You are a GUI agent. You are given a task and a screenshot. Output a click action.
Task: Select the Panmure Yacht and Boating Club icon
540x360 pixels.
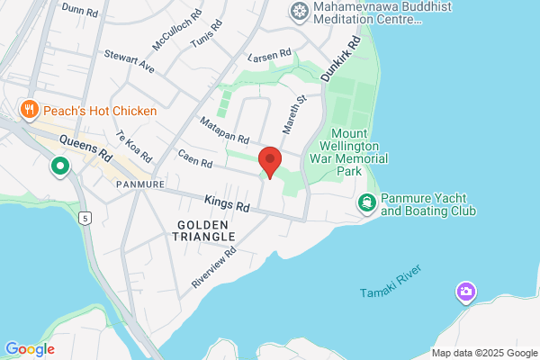(367, 203)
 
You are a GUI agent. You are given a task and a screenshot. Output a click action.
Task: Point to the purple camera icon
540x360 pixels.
(465, 292)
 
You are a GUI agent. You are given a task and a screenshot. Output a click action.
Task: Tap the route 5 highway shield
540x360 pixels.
(85, 218)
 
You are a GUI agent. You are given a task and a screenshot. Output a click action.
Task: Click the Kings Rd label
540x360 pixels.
(224, 204)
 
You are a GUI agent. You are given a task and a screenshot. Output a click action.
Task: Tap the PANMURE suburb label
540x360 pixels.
(139, 184)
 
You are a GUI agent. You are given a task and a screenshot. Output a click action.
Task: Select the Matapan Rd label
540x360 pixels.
(224, 131)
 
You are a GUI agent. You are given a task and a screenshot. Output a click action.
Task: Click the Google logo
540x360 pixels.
(30, 349)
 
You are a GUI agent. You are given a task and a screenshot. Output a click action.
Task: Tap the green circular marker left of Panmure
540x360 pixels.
(61, 166)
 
